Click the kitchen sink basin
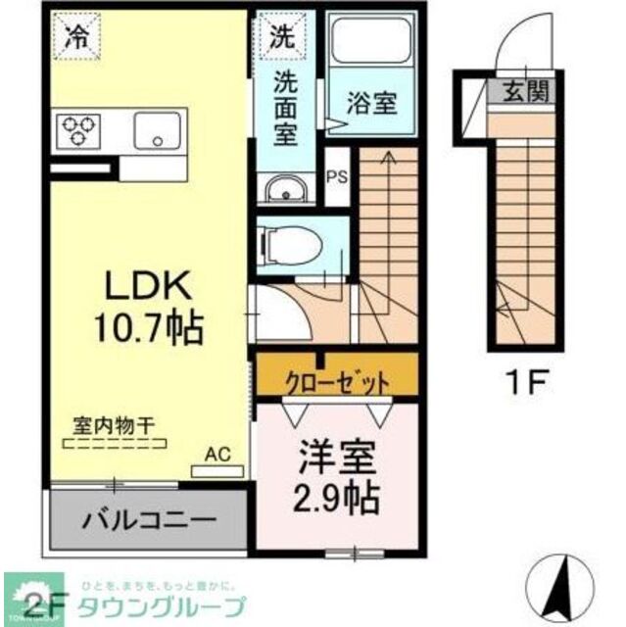(157, 129)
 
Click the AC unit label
(217, 455)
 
